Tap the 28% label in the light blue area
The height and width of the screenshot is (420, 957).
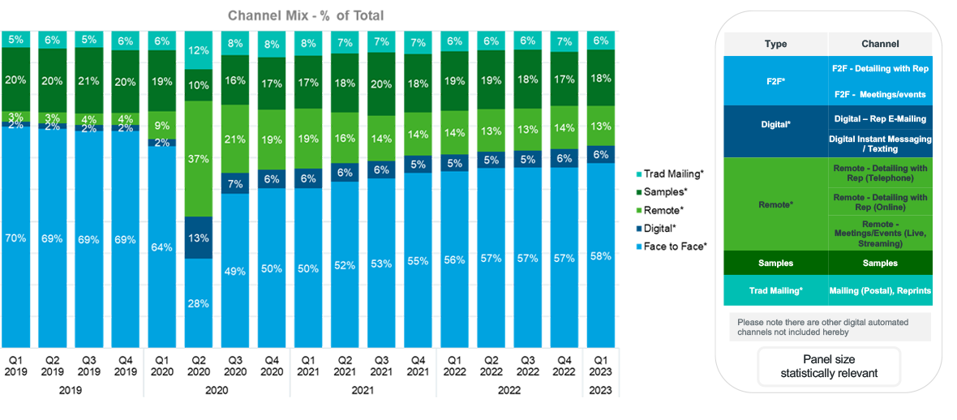pyautogui.click(x=199, y=303)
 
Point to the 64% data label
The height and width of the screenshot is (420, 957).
pyautogui.click(x=161, y=247)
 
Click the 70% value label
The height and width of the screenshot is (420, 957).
pyautogui.click(x=16, y=239)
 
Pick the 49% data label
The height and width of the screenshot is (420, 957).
pyautogui.click(x=234, y=272)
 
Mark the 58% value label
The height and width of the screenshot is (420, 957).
pyautogui.click(x=601, y=256)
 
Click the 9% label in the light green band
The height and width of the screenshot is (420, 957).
pyautogui.click(x=161, y=126)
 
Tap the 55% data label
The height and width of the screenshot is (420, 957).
pyautogui.click(x=418, y=261)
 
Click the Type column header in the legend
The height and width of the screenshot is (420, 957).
pyautogui.click(x=775, y=44)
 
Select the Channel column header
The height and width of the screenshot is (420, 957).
pyautogui.click(x=880, y=44)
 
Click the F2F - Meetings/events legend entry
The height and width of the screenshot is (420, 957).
pyautogui.click(x=881, y=94)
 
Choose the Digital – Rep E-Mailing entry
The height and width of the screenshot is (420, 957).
pyautogui.click(x=880, y=118)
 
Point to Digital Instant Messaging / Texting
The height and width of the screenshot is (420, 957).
pyautogui.click(x=880, y=144)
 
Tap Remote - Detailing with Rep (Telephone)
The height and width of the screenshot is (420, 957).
pyautogui.click(x=880, y=172)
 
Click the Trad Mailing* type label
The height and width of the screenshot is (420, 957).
pyautogui.click(x=775, y=289)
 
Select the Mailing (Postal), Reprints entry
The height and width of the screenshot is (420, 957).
pyautogui.click(x=880, y=290)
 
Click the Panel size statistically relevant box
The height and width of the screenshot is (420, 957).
pyautogui.click(x=829, y=366)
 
